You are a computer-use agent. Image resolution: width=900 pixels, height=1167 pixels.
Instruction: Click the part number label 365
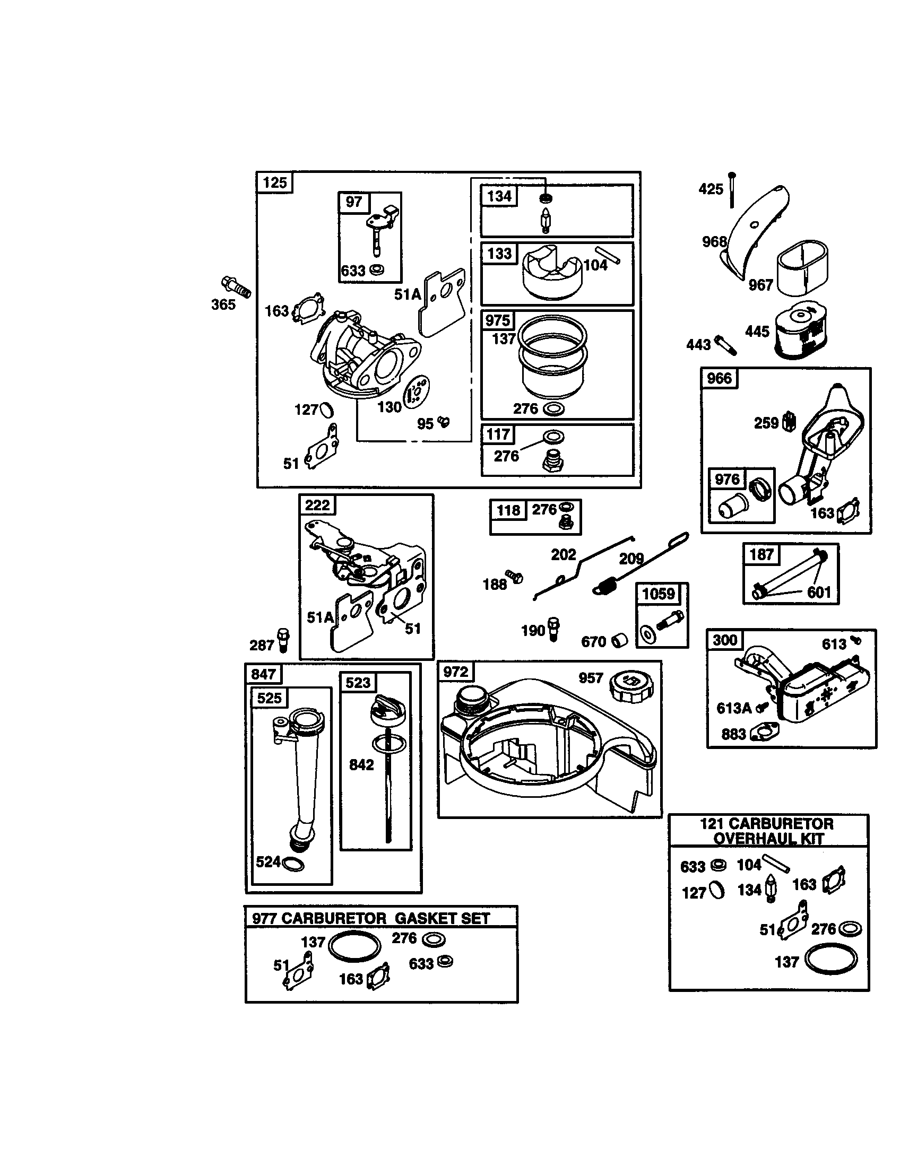(x=223, y=304)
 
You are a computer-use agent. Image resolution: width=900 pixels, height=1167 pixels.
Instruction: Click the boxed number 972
(x=455, y=672)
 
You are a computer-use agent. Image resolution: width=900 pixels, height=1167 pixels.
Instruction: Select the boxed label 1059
(x=659, y=594)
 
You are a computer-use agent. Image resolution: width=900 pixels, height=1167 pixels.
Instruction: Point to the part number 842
(x=361, y=764)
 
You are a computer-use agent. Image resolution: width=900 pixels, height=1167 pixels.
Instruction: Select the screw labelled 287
(x=283, y=639)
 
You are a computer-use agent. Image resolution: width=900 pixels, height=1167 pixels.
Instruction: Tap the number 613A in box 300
(x=734, y=709)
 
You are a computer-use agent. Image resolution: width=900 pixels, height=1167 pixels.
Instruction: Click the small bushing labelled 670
(x=619, y=640)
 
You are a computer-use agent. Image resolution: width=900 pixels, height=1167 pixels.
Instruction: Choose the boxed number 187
(x=761, y=554)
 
